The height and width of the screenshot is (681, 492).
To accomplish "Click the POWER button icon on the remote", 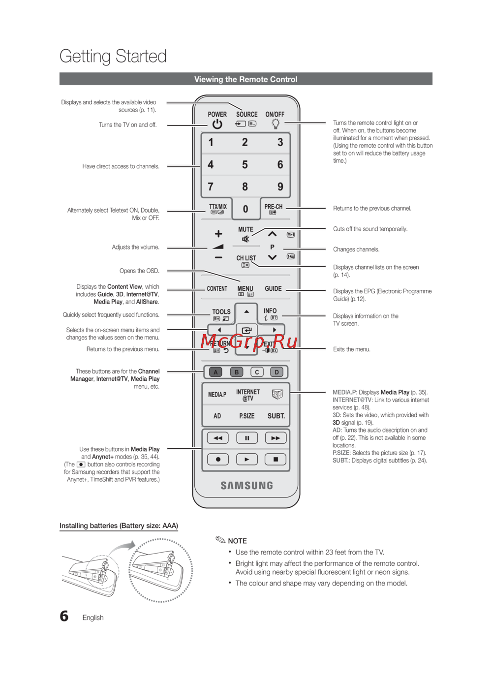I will pyautogui.click(x=217, y=124).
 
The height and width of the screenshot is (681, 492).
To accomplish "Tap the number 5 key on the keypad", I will pyautogui.click(x=245, y=165).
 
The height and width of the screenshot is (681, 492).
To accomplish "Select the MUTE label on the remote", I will pyautogui.click(x=246, y=229).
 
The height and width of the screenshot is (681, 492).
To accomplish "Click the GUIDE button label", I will pyautogui.click(x=273, y=288).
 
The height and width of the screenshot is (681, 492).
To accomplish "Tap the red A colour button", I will pyautogui.click(x=215, y=372).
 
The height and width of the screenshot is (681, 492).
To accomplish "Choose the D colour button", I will pyautogui.click(x=277, y=372).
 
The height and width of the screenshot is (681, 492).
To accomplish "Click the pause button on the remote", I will pyautogui.click(x=247, y=437).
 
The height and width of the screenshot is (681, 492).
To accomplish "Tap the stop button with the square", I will pyautogui.click(x=276, y=459).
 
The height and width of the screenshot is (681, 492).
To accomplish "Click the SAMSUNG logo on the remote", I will pyautogui.click(x=246, y=486).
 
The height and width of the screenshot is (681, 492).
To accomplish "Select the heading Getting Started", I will pyautogui.click(x=113, y=56).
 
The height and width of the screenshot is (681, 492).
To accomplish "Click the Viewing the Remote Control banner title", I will pyautogui.click(x=246, y=79).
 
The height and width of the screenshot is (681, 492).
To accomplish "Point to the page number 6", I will pyautogui.click(x=64, y=616).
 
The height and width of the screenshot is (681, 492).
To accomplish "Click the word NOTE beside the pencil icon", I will pyautogui.click(x=237, y=541).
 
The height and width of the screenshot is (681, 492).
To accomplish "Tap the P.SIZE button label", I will pyautogui.click(x=246, y=416).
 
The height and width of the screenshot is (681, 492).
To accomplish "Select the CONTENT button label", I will pyautogui.click(x=217, y=288).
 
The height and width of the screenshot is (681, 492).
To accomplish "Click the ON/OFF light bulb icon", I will pyautogui.click(x=276, y=124).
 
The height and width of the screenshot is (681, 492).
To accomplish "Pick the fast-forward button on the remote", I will pyautogui.click(x=276, y=437).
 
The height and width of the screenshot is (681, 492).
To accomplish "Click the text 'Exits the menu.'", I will pyautogui.click(x=351, y=349).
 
